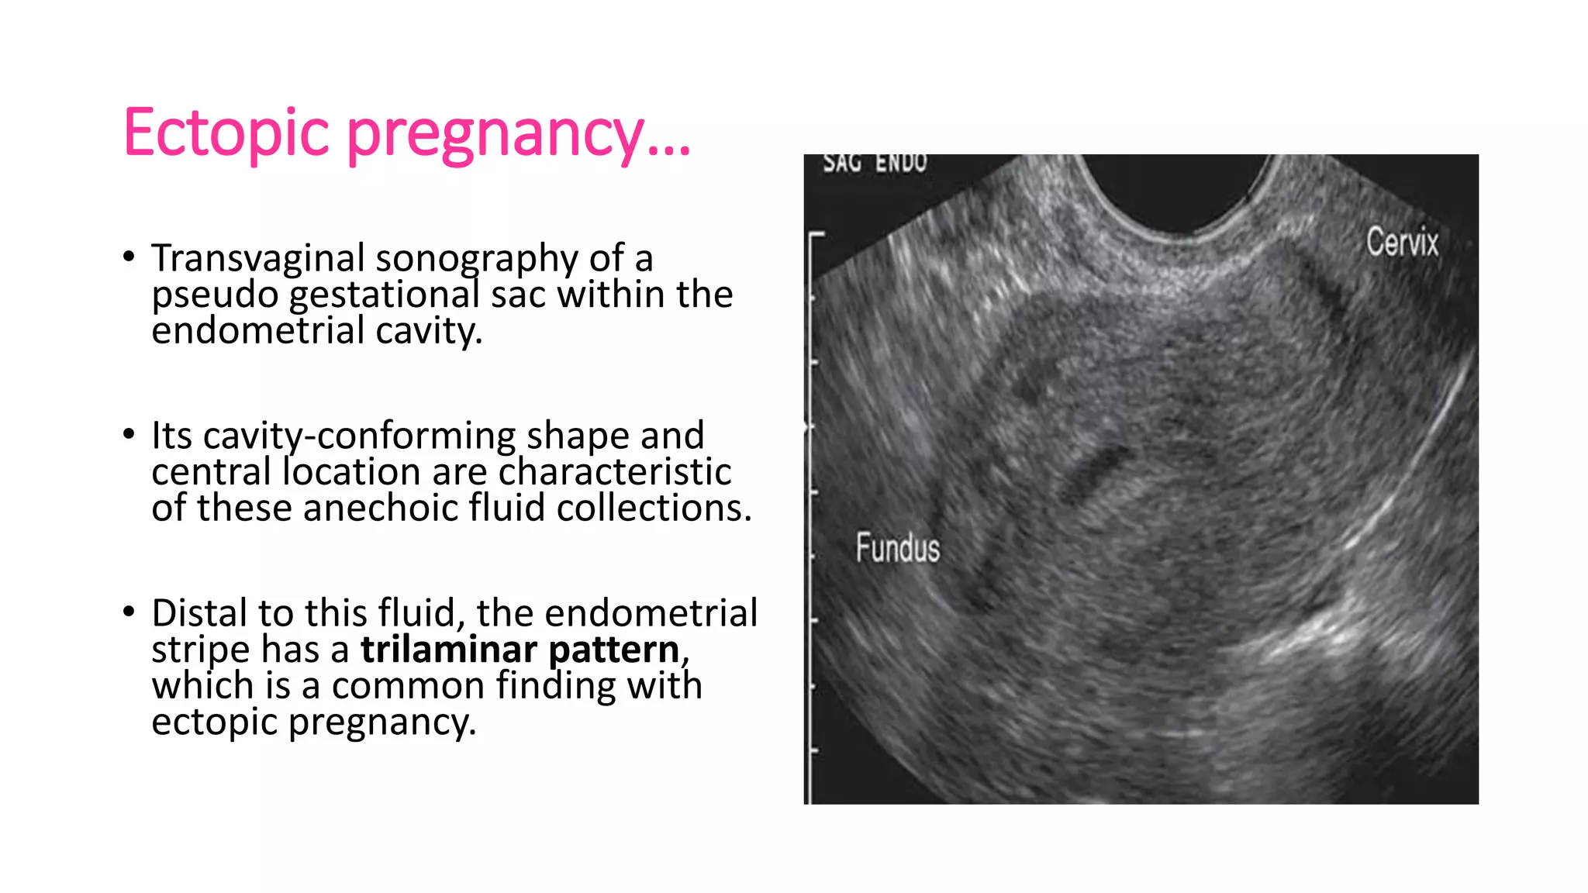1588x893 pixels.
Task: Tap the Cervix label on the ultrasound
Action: coord(1402,242)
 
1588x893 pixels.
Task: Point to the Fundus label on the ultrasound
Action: coord(897,547)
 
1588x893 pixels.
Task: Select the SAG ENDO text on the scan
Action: coord(875,163)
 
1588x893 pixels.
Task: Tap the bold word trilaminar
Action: coord(449,650)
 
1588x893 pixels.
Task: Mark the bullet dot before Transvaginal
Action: coord(129,257)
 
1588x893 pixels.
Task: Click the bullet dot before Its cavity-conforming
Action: coord(129,434)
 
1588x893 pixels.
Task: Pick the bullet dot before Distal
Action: coord(129,612)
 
